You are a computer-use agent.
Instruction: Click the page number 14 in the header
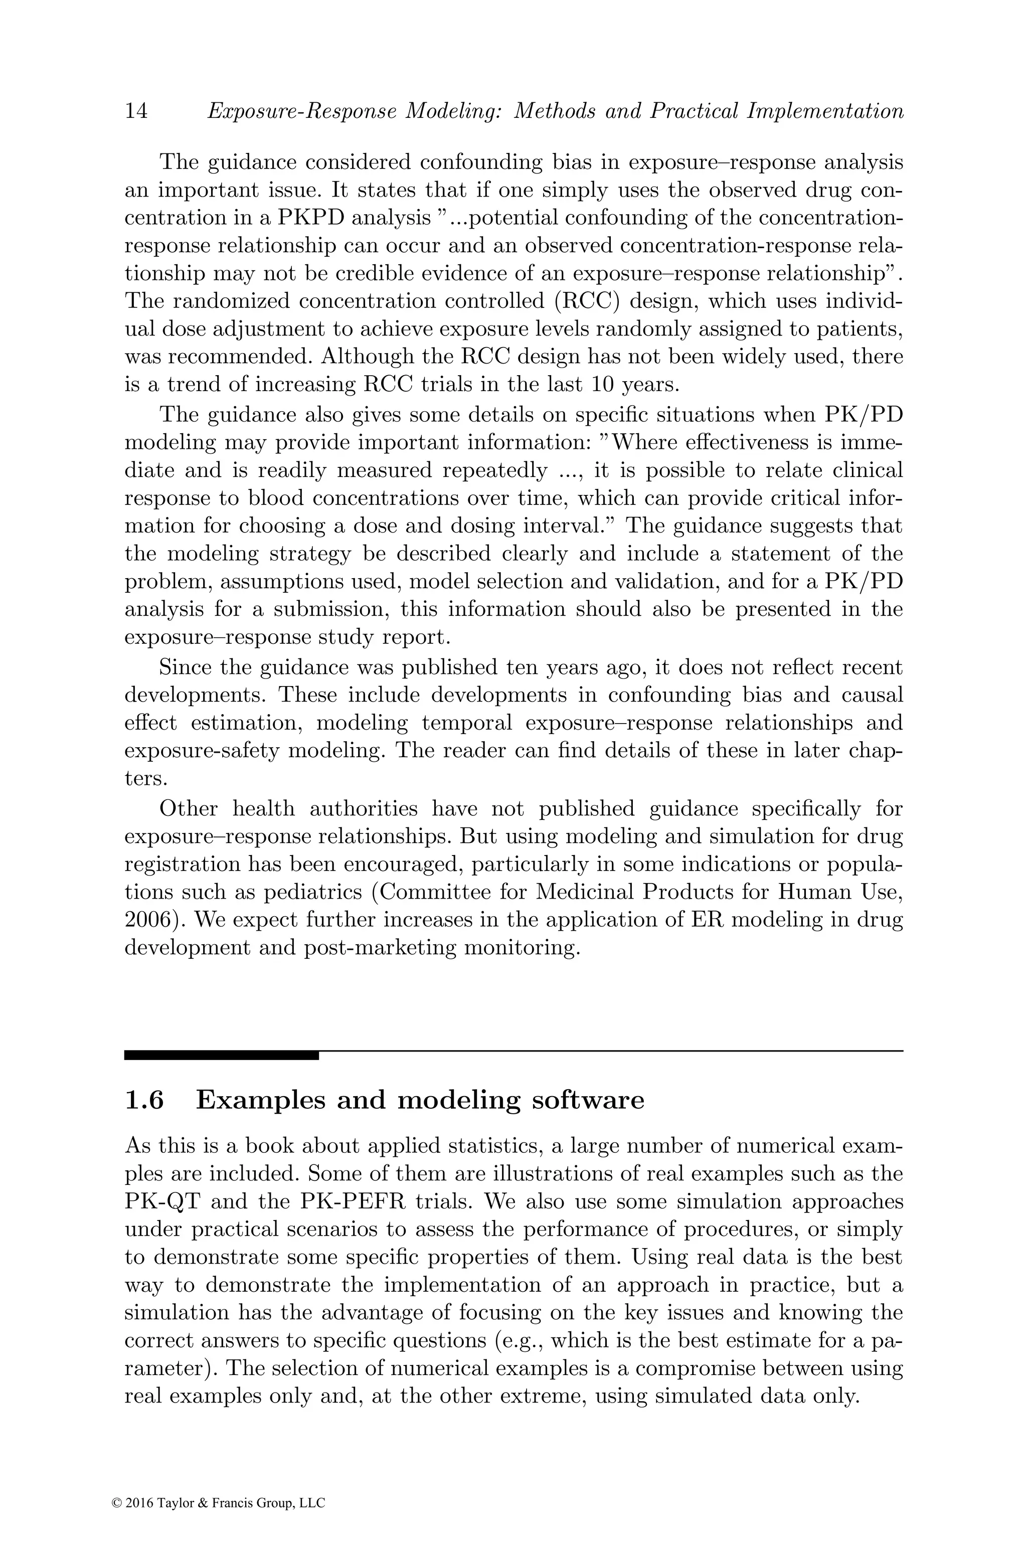point(136,111)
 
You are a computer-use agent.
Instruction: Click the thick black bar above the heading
point(221,1055)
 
